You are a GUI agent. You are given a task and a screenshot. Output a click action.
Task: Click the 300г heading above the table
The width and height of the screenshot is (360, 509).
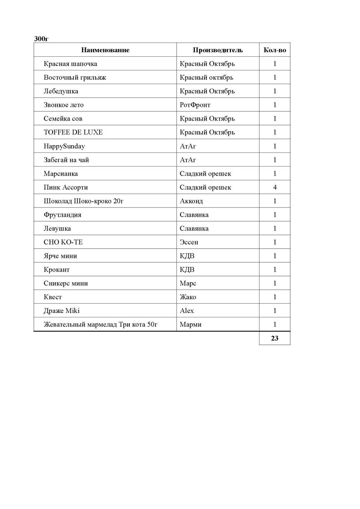(x=41, y=39)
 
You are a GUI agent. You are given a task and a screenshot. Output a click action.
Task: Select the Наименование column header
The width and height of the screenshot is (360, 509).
(x=105, y=50)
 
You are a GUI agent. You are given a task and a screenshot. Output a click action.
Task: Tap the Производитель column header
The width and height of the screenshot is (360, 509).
(x=218, y=50)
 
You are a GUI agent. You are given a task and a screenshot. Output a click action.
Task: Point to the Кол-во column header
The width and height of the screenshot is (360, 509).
(x=275, y=50)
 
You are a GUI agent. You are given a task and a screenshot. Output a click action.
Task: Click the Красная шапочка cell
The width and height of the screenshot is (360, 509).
(x=70, y=64)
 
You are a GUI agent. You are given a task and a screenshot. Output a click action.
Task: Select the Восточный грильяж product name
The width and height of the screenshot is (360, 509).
(x=75, y=77)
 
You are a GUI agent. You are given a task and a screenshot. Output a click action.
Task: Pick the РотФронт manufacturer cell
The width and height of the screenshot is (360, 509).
(x=195, y=105)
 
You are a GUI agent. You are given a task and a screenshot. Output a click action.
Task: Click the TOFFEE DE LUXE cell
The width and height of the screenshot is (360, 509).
(x=73, y=132)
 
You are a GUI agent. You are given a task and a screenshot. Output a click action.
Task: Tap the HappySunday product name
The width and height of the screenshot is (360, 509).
(x=64, y=146)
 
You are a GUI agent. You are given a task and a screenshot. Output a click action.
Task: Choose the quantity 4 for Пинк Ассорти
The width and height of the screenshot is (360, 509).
(x=275, y=187)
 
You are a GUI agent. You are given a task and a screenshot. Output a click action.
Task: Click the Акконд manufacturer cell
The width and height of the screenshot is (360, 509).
(x=191, y=201)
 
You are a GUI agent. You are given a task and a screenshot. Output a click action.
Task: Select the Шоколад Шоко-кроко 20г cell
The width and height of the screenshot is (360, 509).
(x=83, y=201)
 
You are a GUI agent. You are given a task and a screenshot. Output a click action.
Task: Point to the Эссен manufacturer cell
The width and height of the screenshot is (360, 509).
(x=189, y=242)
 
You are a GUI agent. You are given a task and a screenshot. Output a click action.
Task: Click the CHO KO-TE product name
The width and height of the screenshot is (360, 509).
(x=63, y=242)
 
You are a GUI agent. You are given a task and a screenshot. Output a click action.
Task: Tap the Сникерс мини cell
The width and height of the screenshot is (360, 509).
(x=66, y=283)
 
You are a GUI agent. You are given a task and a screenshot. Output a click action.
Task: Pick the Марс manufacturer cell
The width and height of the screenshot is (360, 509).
(x=188, y=283)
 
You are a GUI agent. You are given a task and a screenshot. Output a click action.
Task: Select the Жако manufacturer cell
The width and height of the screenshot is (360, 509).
(x=188, y=297)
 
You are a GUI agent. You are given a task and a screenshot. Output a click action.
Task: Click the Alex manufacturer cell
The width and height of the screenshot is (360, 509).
(x=187, y=311)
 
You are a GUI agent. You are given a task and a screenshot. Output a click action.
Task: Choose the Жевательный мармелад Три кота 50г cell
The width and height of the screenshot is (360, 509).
(x=100, y=325)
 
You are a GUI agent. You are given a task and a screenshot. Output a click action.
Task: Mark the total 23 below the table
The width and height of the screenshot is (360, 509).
(x=275, y=338)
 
